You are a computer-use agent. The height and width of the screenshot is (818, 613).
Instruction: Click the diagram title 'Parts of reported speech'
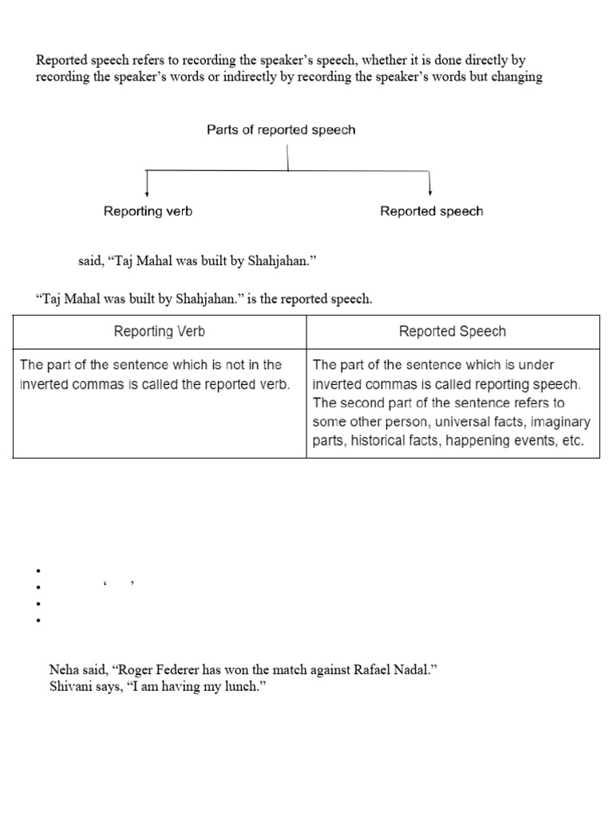click(x=281, y=129)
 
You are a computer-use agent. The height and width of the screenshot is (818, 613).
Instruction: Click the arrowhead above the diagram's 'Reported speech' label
click(x=430, y=193)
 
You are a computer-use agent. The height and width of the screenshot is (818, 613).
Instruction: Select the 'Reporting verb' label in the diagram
click(x=148, y=212)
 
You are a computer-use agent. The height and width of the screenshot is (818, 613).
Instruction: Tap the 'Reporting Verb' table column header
click(x=160, y=332)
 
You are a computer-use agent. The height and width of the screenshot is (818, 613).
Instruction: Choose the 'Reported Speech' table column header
click(x=453, y=332)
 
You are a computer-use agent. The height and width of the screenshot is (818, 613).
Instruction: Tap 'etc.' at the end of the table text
click(x=573, y=440)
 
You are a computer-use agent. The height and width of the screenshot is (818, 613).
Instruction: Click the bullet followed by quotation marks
click(x=38, y=588)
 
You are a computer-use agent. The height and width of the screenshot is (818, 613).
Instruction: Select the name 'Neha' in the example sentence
click(x=64, y=670)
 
